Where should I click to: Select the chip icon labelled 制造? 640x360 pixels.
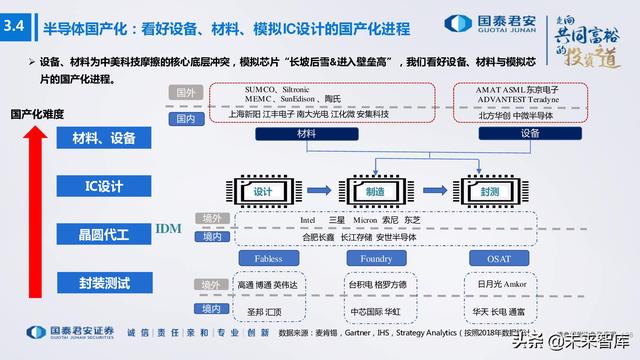tap(372, 191)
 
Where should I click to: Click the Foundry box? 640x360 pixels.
tap(374, 259)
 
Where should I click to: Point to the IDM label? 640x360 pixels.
tap(168, 229)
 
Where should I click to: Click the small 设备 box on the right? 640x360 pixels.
tap(530, 132)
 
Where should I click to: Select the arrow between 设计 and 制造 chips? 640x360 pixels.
tap(318, 191)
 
